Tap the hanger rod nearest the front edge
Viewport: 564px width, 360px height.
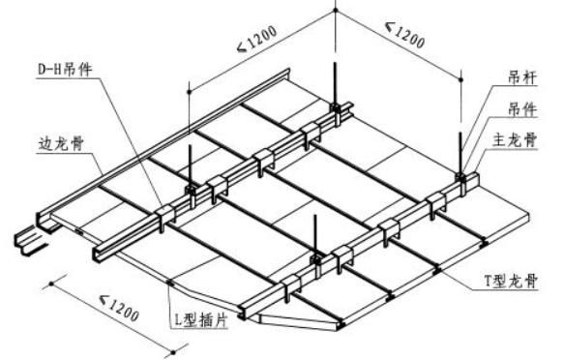pyautogui.click(x=316, y=238)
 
